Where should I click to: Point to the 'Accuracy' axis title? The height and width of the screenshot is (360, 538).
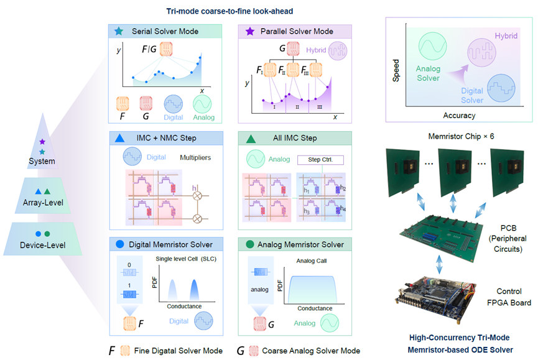[x=460, y=116]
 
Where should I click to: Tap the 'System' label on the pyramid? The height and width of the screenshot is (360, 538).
[x=42, y=161]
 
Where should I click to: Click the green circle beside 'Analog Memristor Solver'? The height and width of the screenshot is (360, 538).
[x=250, y=244]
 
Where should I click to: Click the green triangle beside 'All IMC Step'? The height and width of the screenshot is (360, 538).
[x=250, y=137]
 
